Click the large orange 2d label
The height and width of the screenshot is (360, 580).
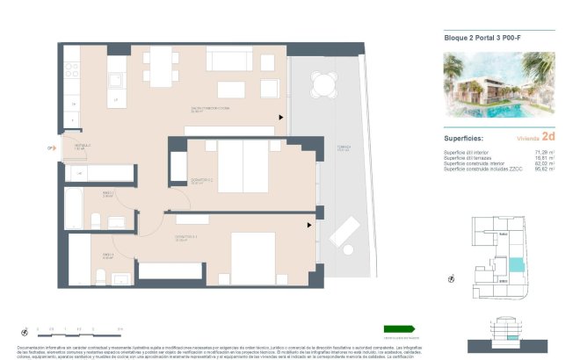click(548, 137)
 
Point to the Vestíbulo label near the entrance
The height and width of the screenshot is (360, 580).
click(81, 147)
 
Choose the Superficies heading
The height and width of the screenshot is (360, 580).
click(462, 138)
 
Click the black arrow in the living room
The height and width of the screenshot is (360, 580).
click(281, 117)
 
